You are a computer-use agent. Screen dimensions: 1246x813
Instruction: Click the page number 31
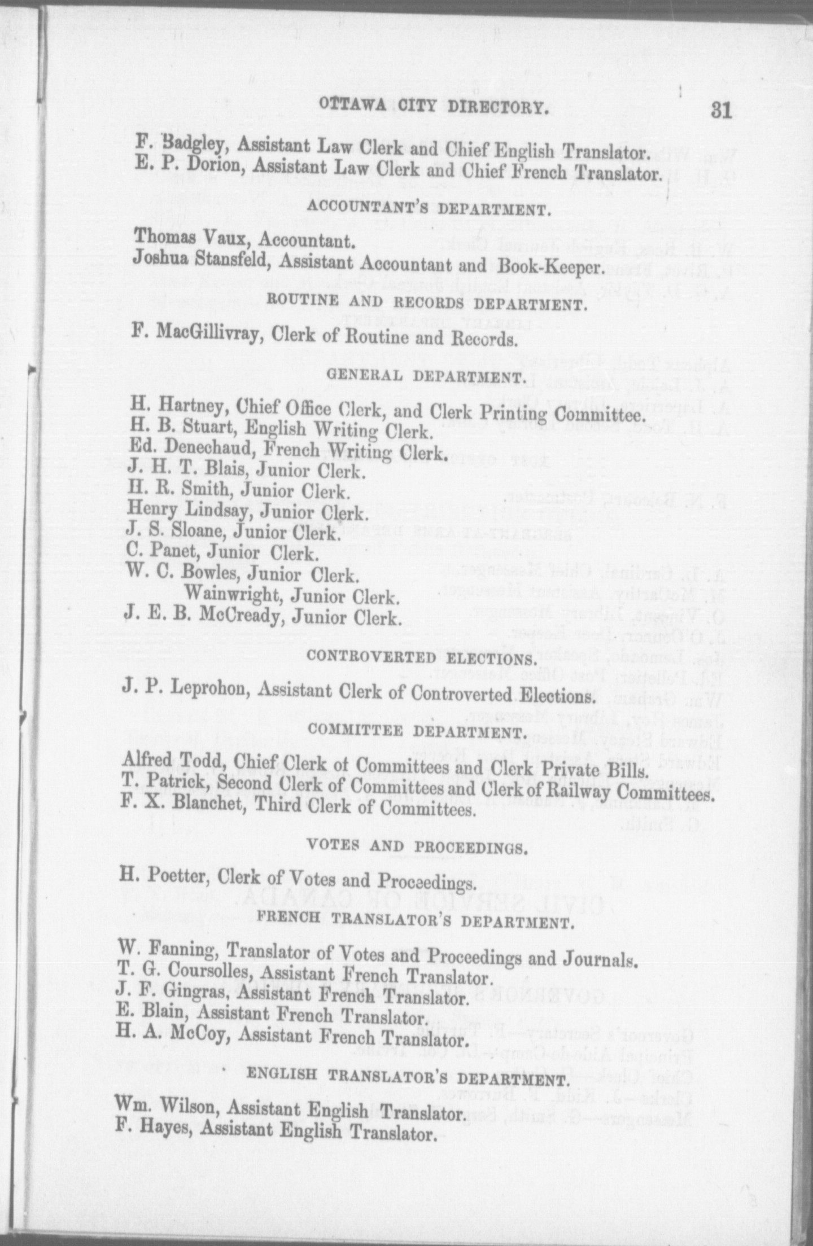[721, 110]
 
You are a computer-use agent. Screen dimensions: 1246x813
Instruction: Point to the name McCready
[238, 617]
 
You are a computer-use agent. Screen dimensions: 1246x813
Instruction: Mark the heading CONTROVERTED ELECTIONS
[419, 659]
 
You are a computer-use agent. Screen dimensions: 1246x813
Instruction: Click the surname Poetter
[177, 876]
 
